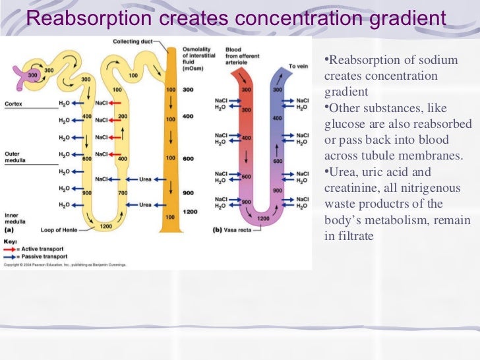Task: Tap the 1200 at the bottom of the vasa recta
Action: (263, 218)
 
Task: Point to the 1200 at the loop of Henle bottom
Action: (105, 226)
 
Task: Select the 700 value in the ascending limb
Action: (123, 193)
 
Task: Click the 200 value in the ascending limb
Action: (123, 115)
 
